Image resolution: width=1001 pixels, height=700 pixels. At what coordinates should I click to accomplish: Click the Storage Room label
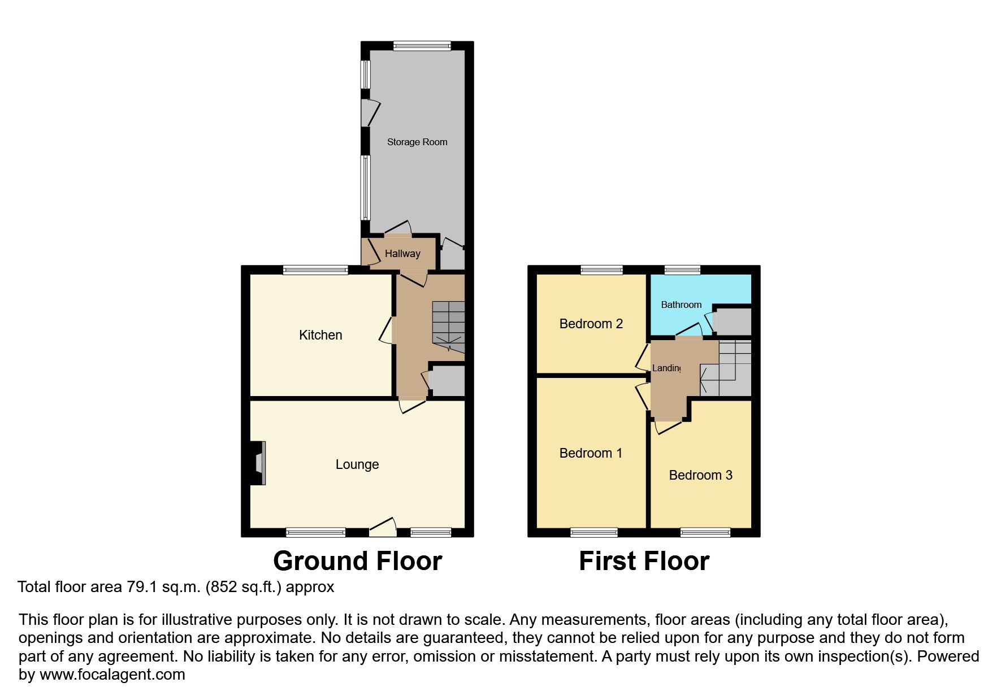pos(417,142)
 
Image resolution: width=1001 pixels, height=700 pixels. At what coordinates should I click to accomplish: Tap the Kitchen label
pos(320,335)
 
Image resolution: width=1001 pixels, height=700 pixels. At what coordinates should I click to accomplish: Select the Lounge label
pos(357,464)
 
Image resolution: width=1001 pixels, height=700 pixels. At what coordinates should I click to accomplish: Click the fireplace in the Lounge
pos(258,463)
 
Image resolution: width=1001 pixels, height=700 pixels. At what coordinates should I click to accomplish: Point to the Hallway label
pos(402,254)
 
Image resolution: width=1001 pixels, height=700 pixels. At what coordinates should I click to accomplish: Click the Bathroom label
pos(681,305)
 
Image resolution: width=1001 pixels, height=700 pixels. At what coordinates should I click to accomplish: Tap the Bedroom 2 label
pos(591,324)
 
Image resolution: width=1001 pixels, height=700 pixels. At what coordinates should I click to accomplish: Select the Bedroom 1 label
pos(590,453)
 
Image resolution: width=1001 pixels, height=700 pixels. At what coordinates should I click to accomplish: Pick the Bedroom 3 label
pos(700,475)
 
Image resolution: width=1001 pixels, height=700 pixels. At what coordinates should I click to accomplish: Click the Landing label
pos(666,368)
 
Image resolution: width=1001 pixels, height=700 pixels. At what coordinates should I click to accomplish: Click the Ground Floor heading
pos(357,561)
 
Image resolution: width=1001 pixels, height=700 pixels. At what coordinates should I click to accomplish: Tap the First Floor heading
pos(644,561)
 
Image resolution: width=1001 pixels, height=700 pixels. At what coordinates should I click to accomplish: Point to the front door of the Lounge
pos(383,529)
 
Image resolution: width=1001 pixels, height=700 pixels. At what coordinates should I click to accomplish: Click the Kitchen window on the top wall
pos(315,270)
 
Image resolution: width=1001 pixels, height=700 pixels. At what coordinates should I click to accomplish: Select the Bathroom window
pos(682,270)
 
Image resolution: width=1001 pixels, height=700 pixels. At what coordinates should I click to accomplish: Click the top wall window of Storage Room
pos(422,46)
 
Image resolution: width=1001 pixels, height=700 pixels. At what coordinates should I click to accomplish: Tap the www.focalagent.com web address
pos(112,675)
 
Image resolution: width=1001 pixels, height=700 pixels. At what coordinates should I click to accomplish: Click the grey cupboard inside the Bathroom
pos(733,321)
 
